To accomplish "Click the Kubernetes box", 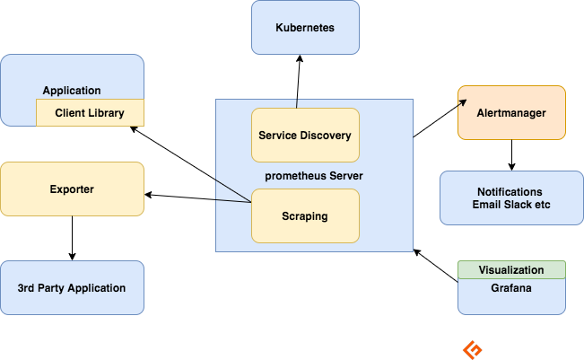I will coord(305,28).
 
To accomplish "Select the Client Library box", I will coord(90,113).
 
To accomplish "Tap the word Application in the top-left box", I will coord(72,91).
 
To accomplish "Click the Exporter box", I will coord(72,189).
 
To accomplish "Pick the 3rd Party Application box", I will coord(72,288).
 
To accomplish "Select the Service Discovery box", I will coord(305,136).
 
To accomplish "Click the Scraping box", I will coord(305,216).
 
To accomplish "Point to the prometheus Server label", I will coord(314,176).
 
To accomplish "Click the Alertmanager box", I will coord(511,113).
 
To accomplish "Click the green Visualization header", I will coord(511,269).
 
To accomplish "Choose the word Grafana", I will coord(511,288).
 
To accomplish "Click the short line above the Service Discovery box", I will coord(297,103).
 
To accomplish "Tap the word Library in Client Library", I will coord(105,113).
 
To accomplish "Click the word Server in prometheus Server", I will coord(344,176).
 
